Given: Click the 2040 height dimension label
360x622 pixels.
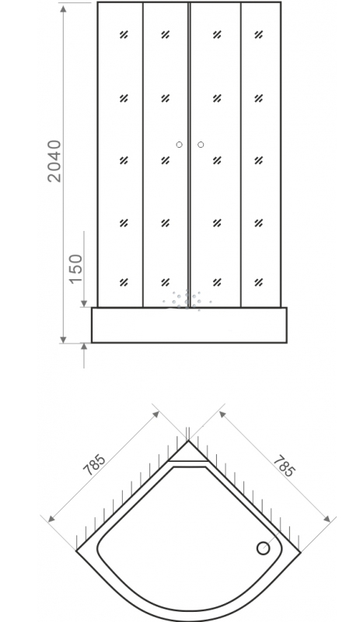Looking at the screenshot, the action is [54, 161].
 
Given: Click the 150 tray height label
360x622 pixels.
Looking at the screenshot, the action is [76, 269].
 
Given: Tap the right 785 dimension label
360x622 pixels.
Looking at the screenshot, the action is [284, 465].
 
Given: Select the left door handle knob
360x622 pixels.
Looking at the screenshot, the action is [179, 145].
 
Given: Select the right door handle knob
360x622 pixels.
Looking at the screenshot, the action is [201, 145].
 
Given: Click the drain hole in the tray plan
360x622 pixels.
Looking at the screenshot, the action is [263, 548].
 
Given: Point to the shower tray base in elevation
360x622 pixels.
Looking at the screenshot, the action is [189, 325].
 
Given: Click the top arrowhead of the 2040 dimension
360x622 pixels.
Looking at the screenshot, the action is [63, 9].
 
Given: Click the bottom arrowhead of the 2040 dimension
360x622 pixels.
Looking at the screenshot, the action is [63, 339].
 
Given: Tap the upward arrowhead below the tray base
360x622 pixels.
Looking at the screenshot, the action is [84, 348].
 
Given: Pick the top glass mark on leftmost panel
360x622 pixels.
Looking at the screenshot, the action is [124, 35].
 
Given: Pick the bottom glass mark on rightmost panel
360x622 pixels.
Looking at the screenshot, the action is [259, 282].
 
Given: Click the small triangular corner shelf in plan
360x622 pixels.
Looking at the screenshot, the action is [188, 453].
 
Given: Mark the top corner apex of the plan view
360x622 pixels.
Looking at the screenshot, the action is [188, 440].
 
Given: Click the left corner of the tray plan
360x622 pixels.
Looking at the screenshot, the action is [76, 550].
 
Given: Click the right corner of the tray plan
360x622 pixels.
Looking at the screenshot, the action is [300, 551].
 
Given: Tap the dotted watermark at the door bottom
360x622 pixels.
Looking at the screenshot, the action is [187, 300].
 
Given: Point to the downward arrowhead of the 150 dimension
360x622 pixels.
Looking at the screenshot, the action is [84, 303].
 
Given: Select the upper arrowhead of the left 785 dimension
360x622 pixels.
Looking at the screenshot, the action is [156, 414].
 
